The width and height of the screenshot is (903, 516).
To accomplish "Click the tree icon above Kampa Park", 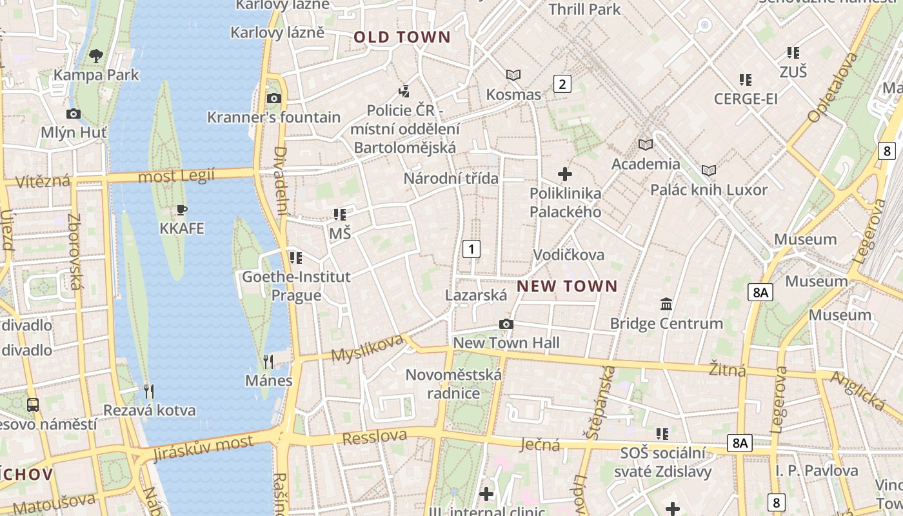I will click(96, 56).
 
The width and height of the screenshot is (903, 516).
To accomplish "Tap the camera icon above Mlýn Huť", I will click(74, 114).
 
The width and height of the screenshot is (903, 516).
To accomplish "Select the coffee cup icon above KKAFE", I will click(182, 210).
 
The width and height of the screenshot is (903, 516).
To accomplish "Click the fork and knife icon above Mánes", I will click(269, 361).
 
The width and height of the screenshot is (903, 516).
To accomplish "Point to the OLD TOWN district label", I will click(402, 37).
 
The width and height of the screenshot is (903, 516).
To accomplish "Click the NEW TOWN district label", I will click(567, 286).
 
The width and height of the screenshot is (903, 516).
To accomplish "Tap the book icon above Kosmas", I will click(513, 75).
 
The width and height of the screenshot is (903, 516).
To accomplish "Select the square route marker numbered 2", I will click(562, 84).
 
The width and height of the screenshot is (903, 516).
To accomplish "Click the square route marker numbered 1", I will click(471, 249).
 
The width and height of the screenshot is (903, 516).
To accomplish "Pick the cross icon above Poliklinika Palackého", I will click(565, 174).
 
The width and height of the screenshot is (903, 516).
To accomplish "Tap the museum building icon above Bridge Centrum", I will click(666, 304).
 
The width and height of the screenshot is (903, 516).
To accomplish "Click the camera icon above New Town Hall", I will click(506, 324).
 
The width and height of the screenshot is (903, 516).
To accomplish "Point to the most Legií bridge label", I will click(176, 176).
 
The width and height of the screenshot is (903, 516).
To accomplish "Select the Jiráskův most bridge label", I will click(204, 448).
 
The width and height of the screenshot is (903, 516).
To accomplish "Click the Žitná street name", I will click(728, 370).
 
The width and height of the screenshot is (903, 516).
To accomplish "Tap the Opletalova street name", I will click(833, 87).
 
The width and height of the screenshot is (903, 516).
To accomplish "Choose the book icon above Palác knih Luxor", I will click(709, 171).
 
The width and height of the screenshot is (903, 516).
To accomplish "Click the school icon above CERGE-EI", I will click(746, 80).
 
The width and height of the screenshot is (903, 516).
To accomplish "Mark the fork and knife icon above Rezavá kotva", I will click(148, 391).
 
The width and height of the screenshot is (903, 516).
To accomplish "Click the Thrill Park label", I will click(584, 9).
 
